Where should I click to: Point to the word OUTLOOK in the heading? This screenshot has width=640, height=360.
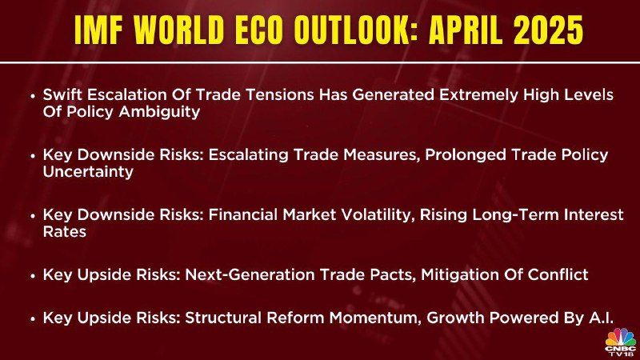(355, 30)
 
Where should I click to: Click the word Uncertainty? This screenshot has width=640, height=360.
(88, 172)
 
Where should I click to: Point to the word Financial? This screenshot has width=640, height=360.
(243, 215)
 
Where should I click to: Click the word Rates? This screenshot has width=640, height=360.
(65, 232)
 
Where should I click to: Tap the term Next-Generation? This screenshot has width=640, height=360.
(250, 274)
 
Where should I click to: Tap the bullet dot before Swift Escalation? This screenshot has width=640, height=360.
(33, 96)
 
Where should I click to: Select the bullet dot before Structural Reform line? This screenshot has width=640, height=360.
(33, 319)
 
